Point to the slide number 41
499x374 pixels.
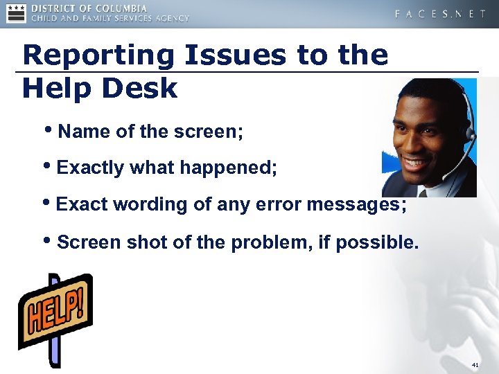point(475,365)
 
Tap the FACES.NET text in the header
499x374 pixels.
point(440,14)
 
